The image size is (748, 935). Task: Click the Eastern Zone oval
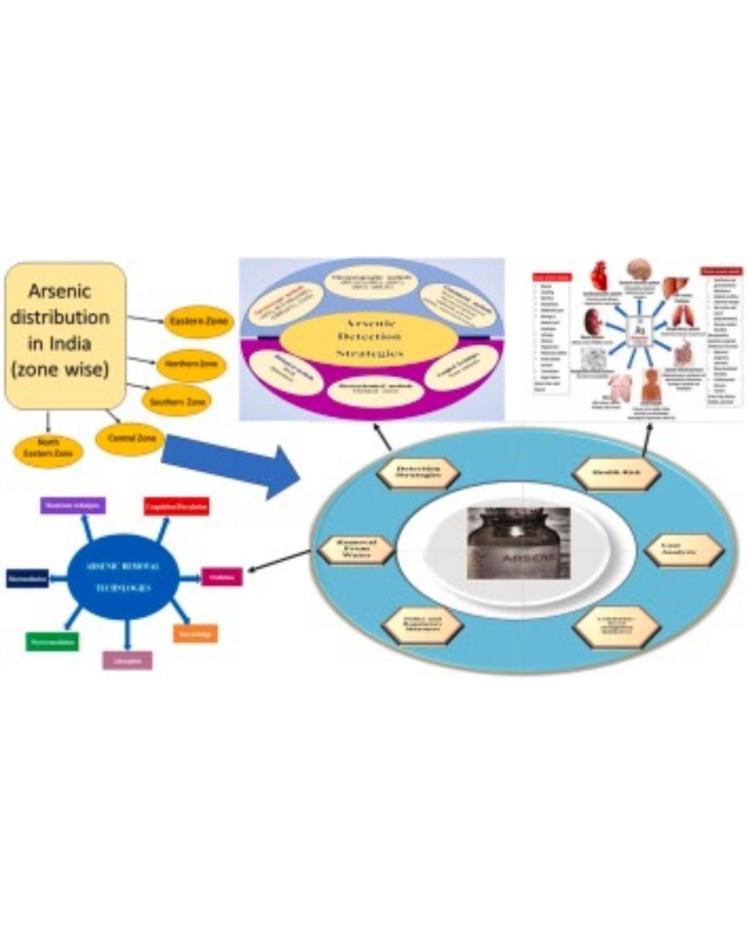198,321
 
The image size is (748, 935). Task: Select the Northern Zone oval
190,364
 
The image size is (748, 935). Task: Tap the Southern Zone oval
177,402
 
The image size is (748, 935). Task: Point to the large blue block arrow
229,464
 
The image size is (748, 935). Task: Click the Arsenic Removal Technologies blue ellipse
125,576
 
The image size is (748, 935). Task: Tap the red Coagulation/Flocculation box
176,507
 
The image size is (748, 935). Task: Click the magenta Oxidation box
222,576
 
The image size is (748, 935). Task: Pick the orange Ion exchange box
195,633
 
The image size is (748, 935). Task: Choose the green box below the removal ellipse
52,641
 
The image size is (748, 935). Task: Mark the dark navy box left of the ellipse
28,578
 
